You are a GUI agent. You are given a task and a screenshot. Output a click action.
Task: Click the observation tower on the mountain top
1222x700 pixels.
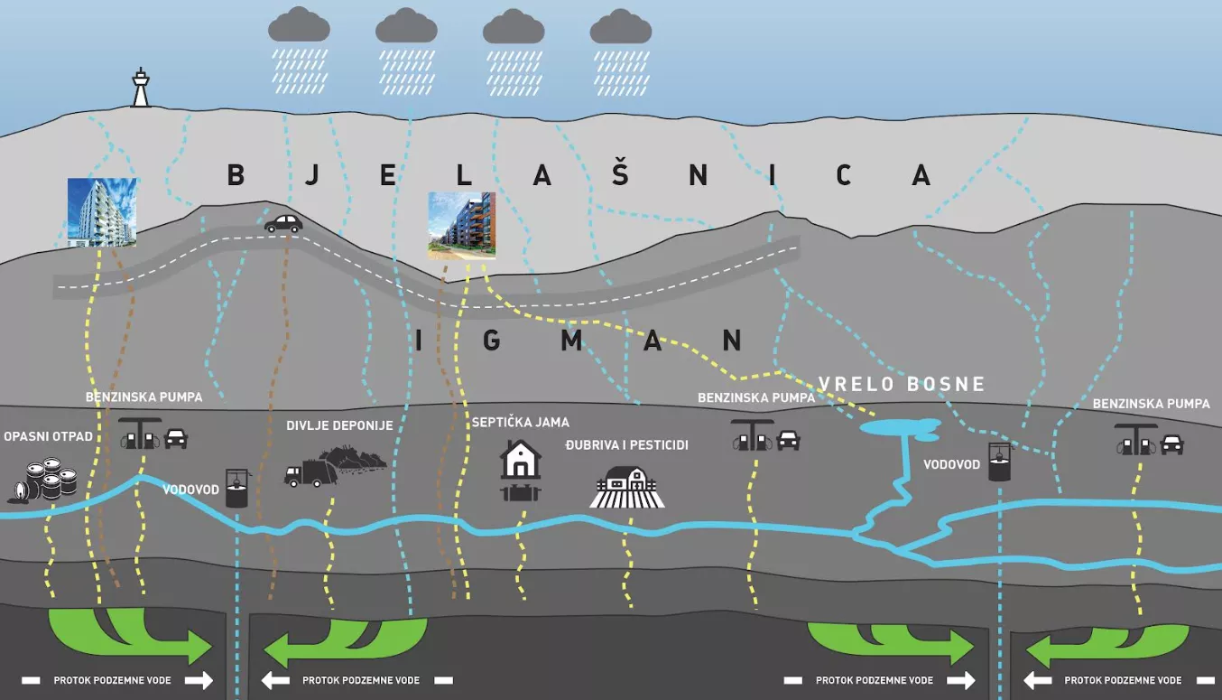[x=140, y=89]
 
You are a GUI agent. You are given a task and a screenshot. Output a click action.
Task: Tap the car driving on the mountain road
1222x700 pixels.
[x=282, y=223]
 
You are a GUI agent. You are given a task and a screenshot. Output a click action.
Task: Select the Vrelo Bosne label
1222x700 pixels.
[x=902, y=384]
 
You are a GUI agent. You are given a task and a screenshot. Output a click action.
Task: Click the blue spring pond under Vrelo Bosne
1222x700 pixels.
[x=900, y=427]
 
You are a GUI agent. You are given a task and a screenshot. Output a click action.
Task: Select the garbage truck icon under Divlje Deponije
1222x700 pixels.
[x=304, y=475]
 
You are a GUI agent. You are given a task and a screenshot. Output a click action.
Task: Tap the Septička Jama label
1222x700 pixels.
[x=521, y=422]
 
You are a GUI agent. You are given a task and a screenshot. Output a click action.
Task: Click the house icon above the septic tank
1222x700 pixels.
[x=521, y=460]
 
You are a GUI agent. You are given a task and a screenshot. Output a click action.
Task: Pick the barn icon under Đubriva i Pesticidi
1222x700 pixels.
[x=627, y=488]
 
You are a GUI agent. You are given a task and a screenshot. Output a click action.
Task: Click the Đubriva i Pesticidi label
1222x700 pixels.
[x=627, y=445]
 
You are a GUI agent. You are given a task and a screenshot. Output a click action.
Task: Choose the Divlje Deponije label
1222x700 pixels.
[x=339, y=425]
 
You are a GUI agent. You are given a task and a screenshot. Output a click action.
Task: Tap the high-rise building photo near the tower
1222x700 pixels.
[x=102, y=212]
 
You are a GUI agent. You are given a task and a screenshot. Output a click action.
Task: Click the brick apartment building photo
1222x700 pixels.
[x=461, y=225]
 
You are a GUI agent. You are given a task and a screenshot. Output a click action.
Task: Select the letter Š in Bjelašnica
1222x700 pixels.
[x=619, y=173]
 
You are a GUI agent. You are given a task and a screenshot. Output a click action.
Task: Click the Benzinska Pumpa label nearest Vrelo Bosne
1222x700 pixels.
[x=756, y=397]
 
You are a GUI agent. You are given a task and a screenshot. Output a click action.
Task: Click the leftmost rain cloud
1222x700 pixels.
[x=299, y=25]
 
